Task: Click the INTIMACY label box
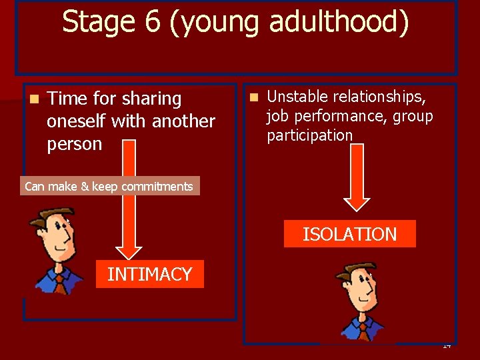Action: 149,274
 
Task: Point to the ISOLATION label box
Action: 349,234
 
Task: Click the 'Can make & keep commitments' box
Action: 109,187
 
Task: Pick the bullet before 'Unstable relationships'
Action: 253,97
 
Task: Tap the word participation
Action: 309,135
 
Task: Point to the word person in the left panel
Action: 74,144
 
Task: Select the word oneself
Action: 77,121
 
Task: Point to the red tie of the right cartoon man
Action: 361,329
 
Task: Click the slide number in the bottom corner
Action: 447,345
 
